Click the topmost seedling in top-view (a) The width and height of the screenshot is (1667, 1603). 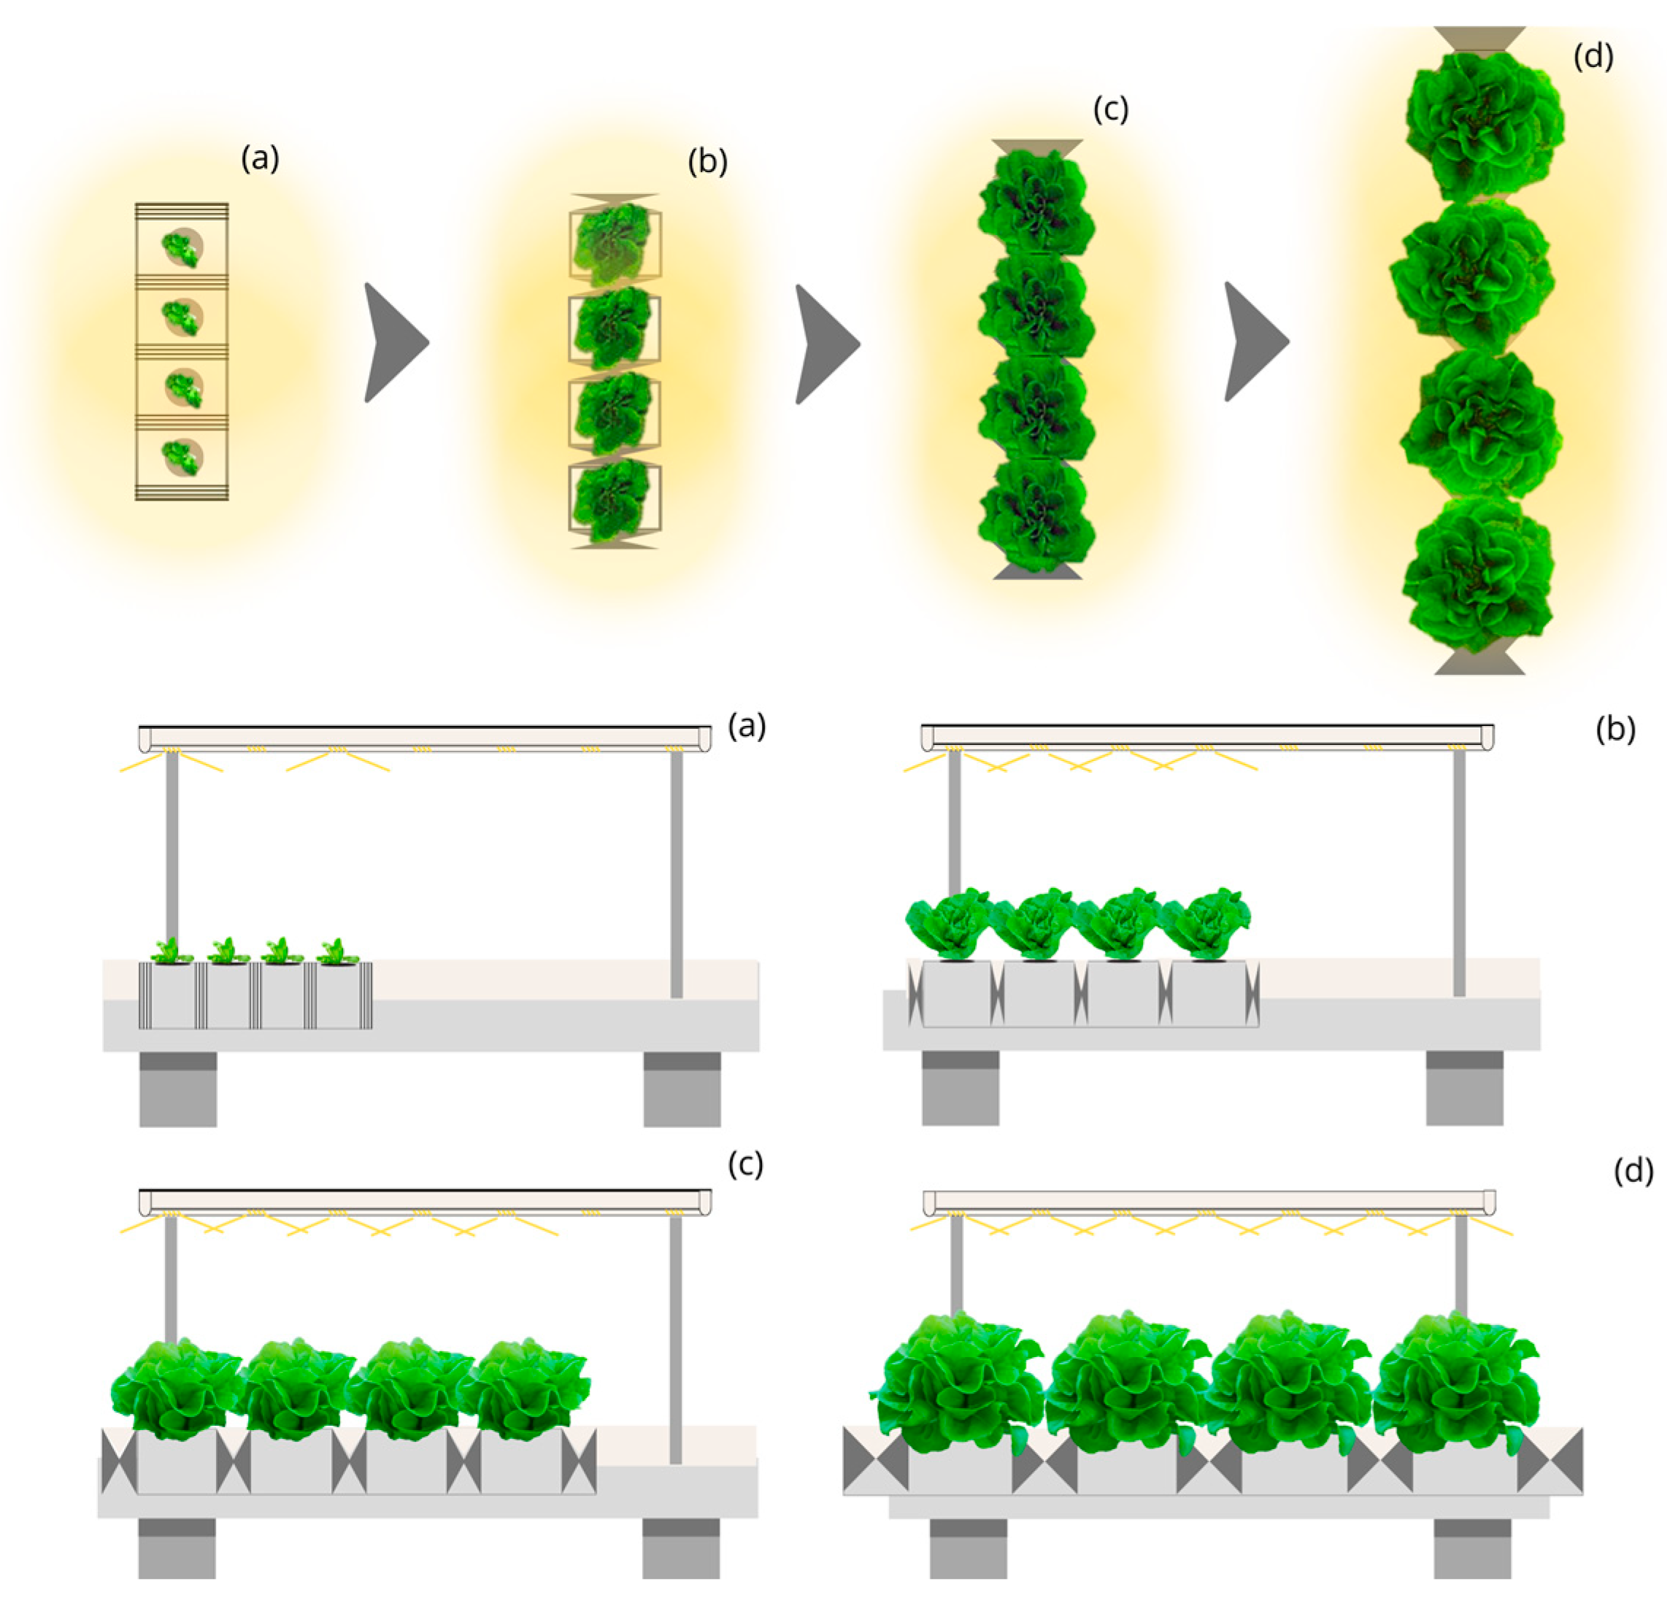[x=181, y=247]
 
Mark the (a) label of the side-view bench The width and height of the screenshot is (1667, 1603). [x=747, y=727]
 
